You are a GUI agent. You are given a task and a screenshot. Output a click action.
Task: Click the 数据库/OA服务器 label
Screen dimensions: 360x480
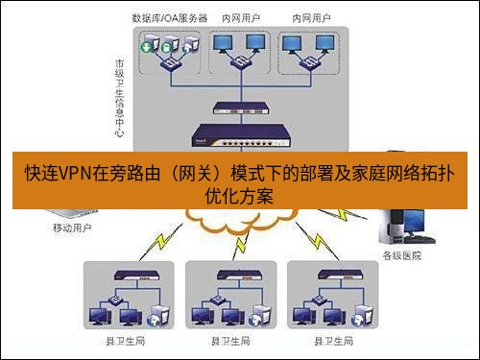point(172,18)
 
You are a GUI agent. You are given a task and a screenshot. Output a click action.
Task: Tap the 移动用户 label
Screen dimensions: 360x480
point(72,228)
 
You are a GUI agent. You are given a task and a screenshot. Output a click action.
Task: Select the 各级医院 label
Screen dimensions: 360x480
point(401,254)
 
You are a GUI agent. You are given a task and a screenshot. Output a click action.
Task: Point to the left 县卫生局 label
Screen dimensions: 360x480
point(125,341)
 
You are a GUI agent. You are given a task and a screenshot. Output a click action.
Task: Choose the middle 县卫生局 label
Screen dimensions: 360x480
point(230,341)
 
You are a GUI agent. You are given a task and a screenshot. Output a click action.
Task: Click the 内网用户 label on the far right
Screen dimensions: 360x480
point(308,18)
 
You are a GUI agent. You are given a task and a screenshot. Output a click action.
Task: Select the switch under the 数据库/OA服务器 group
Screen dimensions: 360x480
point(174,63)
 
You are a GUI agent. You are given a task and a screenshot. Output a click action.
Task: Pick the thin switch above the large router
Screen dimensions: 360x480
point(238,108)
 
